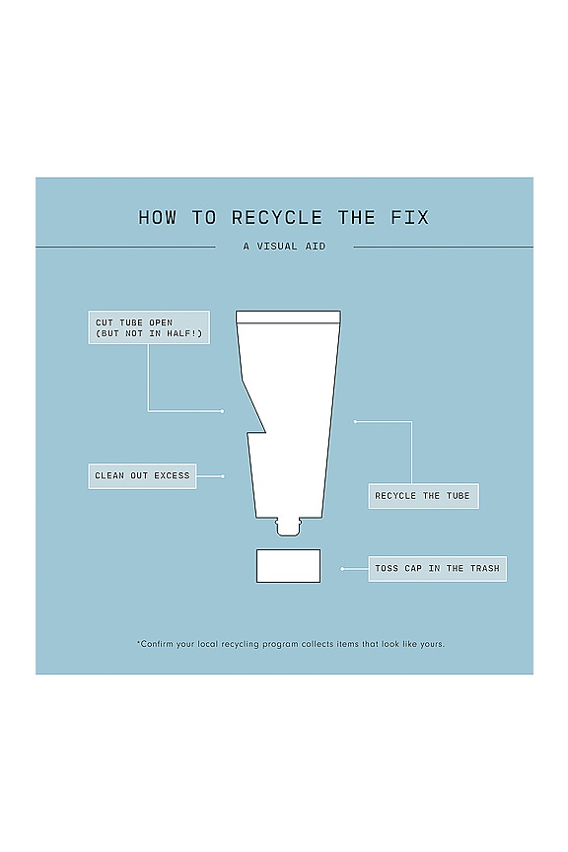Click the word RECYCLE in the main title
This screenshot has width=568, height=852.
pos(277,218)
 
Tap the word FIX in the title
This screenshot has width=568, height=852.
pos(410,218)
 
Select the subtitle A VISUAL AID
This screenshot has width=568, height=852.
pos(284,247)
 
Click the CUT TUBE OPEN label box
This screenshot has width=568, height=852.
pos(149,327)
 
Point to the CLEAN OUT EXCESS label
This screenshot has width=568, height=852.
pos(142,476)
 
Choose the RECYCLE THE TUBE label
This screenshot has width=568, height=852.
pos(423,496)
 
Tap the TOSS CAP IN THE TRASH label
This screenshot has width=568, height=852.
pos(438,569)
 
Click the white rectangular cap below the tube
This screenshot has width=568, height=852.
pos(288,566)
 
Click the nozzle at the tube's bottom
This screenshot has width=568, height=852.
pos(288,527)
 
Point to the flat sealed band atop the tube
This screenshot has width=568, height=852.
pos(288,318)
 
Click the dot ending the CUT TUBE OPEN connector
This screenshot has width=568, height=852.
pos(222,411)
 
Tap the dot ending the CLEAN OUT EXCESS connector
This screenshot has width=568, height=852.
pos(222,476)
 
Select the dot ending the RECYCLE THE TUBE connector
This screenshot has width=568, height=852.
pos(355,422)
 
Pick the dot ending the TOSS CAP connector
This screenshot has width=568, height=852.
pos(342,569)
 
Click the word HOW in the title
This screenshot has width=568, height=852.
pos(158,218)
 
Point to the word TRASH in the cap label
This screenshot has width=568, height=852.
pos(485,569)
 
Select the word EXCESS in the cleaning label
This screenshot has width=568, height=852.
pos(172,476)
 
